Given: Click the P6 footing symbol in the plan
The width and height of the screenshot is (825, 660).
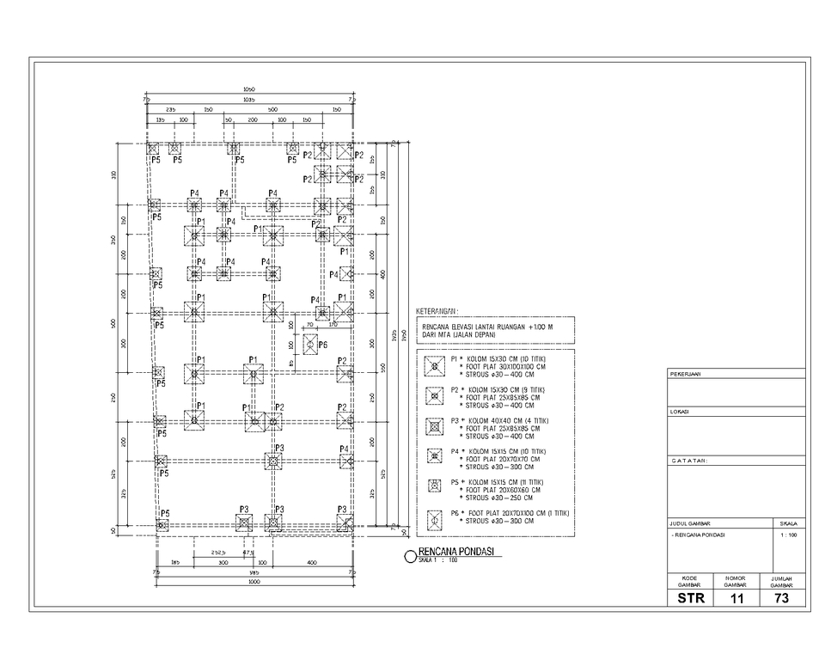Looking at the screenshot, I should click(310, 343).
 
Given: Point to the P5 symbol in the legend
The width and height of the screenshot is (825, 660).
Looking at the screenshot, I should click(436, 488).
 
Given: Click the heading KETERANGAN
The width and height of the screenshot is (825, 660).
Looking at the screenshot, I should click(437, 311).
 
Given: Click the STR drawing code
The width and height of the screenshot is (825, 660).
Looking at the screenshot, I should click(690, 597).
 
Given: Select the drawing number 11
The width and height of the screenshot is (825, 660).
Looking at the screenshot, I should click(736, 597).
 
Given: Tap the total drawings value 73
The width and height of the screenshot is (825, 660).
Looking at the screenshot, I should click(782, 597).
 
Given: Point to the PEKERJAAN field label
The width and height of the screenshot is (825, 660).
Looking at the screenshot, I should click(686, 375).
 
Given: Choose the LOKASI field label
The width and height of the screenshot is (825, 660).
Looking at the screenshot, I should click(680, 412).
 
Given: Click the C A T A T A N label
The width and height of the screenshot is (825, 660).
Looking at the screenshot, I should click(689, 461).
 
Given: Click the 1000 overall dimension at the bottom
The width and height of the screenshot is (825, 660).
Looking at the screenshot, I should click(254, 583).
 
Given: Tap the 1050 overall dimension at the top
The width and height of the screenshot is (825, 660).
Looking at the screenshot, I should click(249, 89).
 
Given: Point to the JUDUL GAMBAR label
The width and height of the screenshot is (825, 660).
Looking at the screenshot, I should click(690, 522).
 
